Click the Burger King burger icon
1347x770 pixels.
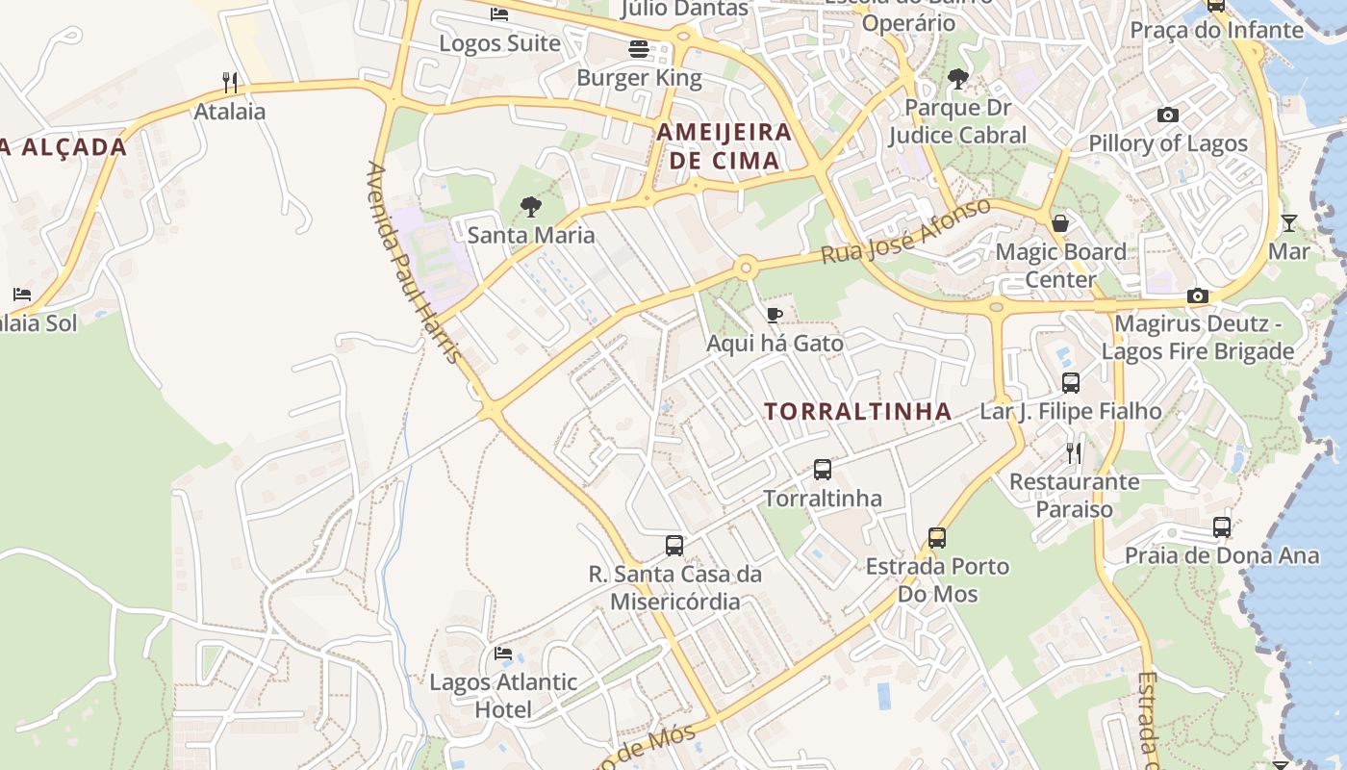pyautogui.click(x=639, y=48)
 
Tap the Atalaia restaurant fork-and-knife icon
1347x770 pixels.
pyautogui.click(x=229, y=82)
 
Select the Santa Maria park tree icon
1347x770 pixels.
pyautogui.click(x=530, y=206)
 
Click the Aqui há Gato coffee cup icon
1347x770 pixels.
pyautogui.click(x=775, y=315)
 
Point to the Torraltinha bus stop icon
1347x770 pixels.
pyautogui.click(x=823, y=470)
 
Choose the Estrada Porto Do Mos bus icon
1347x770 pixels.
pyautogui.click(x=937, y=537)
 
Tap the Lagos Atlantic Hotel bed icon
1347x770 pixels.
pyautogui.click(x=503, y=654)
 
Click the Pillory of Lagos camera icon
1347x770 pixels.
pyautogui.click(x=1168, y=115)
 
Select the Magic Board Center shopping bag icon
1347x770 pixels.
pyautogui.click(x=1060, y=223)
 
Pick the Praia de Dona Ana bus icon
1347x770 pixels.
pyautogui.click(x=1222, y=527)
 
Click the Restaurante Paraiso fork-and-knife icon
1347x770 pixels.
pyautogui.click(x=1074, y=452)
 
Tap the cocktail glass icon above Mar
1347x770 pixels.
pyautogui.click(x=1288, y=223)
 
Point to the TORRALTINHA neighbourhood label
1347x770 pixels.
pyautogui.click(x=857, y=412)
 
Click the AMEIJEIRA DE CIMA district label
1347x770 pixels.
pyautogui.click(x=724, y=146)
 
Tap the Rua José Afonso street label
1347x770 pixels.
pyautogui.click(x=905, y=232)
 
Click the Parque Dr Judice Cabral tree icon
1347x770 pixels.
pyautogui.click(x=957, y=79)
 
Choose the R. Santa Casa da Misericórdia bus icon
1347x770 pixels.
pyautogui.click(x=674, y=546)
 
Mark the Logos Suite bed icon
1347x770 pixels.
pyautogui.click(x=499, y=14)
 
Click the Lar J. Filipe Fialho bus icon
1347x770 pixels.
pyautogui.click(x=1071, y=383)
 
